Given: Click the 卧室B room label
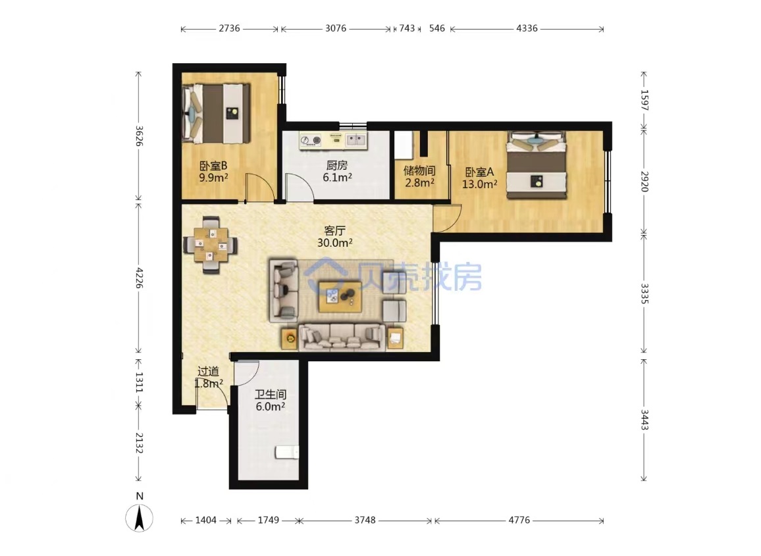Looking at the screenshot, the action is pos(213,166).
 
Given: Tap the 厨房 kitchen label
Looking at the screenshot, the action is pos(337,165).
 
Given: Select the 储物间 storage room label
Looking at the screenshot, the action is pos(419,171).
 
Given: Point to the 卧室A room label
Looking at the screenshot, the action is pos(479,172).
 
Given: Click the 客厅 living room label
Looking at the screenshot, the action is pos(334,230).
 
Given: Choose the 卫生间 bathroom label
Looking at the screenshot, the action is pos(271,394).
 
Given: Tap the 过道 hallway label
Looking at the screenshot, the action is pos(208,372).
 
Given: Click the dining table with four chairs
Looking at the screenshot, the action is pos(211,245).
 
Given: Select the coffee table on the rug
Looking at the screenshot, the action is pos(340,295).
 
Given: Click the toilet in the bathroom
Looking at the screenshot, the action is pos(287,452).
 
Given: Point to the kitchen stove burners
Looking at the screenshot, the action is pos(311,140).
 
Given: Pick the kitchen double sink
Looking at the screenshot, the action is pos(355,140).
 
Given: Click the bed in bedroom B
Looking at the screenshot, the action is pos(217,114).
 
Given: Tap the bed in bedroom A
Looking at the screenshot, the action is pos(537,165).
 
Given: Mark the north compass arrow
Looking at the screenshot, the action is pos(140,518).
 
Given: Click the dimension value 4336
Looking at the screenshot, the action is pos(527,28).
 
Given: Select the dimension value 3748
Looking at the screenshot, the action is pos(365,520).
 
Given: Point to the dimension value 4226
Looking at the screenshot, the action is pos(139,278).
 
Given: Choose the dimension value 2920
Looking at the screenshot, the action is pos(644,181).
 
